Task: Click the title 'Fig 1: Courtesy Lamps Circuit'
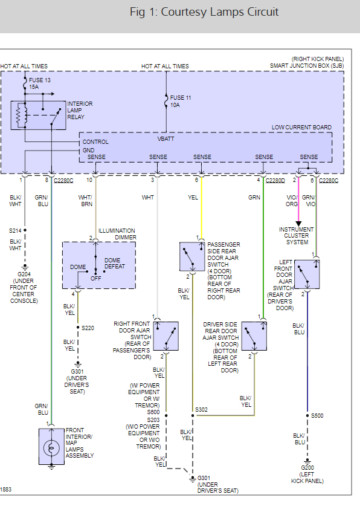(204, 12)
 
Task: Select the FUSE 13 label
(40, 80)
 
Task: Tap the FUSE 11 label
(181, 98)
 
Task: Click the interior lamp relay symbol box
(38, 115)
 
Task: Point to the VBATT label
(166, 139)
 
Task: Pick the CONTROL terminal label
(95, 142)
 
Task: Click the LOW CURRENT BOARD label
(301, 128)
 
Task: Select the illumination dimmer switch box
(99, 265)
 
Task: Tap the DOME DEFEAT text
(114, 264)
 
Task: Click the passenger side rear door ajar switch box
(192, 256)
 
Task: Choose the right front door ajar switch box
(166, 336)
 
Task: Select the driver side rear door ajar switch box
(254, 336)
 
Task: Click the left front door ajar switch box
(307, 274)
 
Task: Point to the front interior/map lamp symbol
(51, 447)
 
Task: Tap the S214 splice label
(15, 231)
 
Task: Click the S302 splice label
(201, 409)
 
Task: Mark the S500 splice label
(317, 416)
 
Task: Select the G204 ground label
(24, 274)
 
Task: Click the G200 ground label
(307, 467)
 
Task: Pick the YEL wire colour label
(193, 198)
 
